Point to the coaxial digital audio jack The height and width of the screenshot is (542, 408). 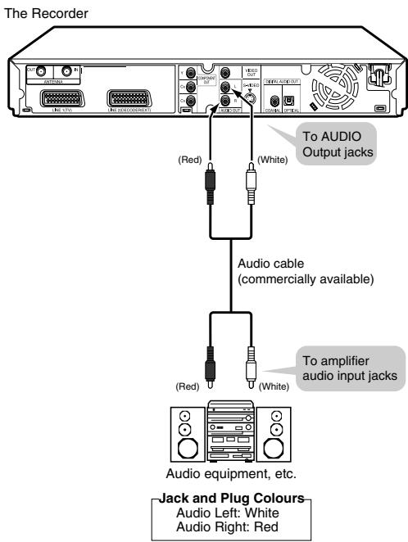[x=270, y=102]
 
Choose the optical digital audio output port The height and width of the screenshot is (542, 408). [x=288, y=102]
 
